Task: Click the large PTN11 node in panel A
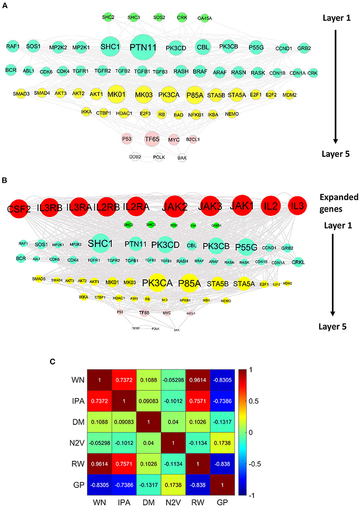click(145, 47)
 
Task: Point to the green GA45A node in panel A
click(205, 18)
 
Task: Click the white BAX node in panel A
click(182, 157)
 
